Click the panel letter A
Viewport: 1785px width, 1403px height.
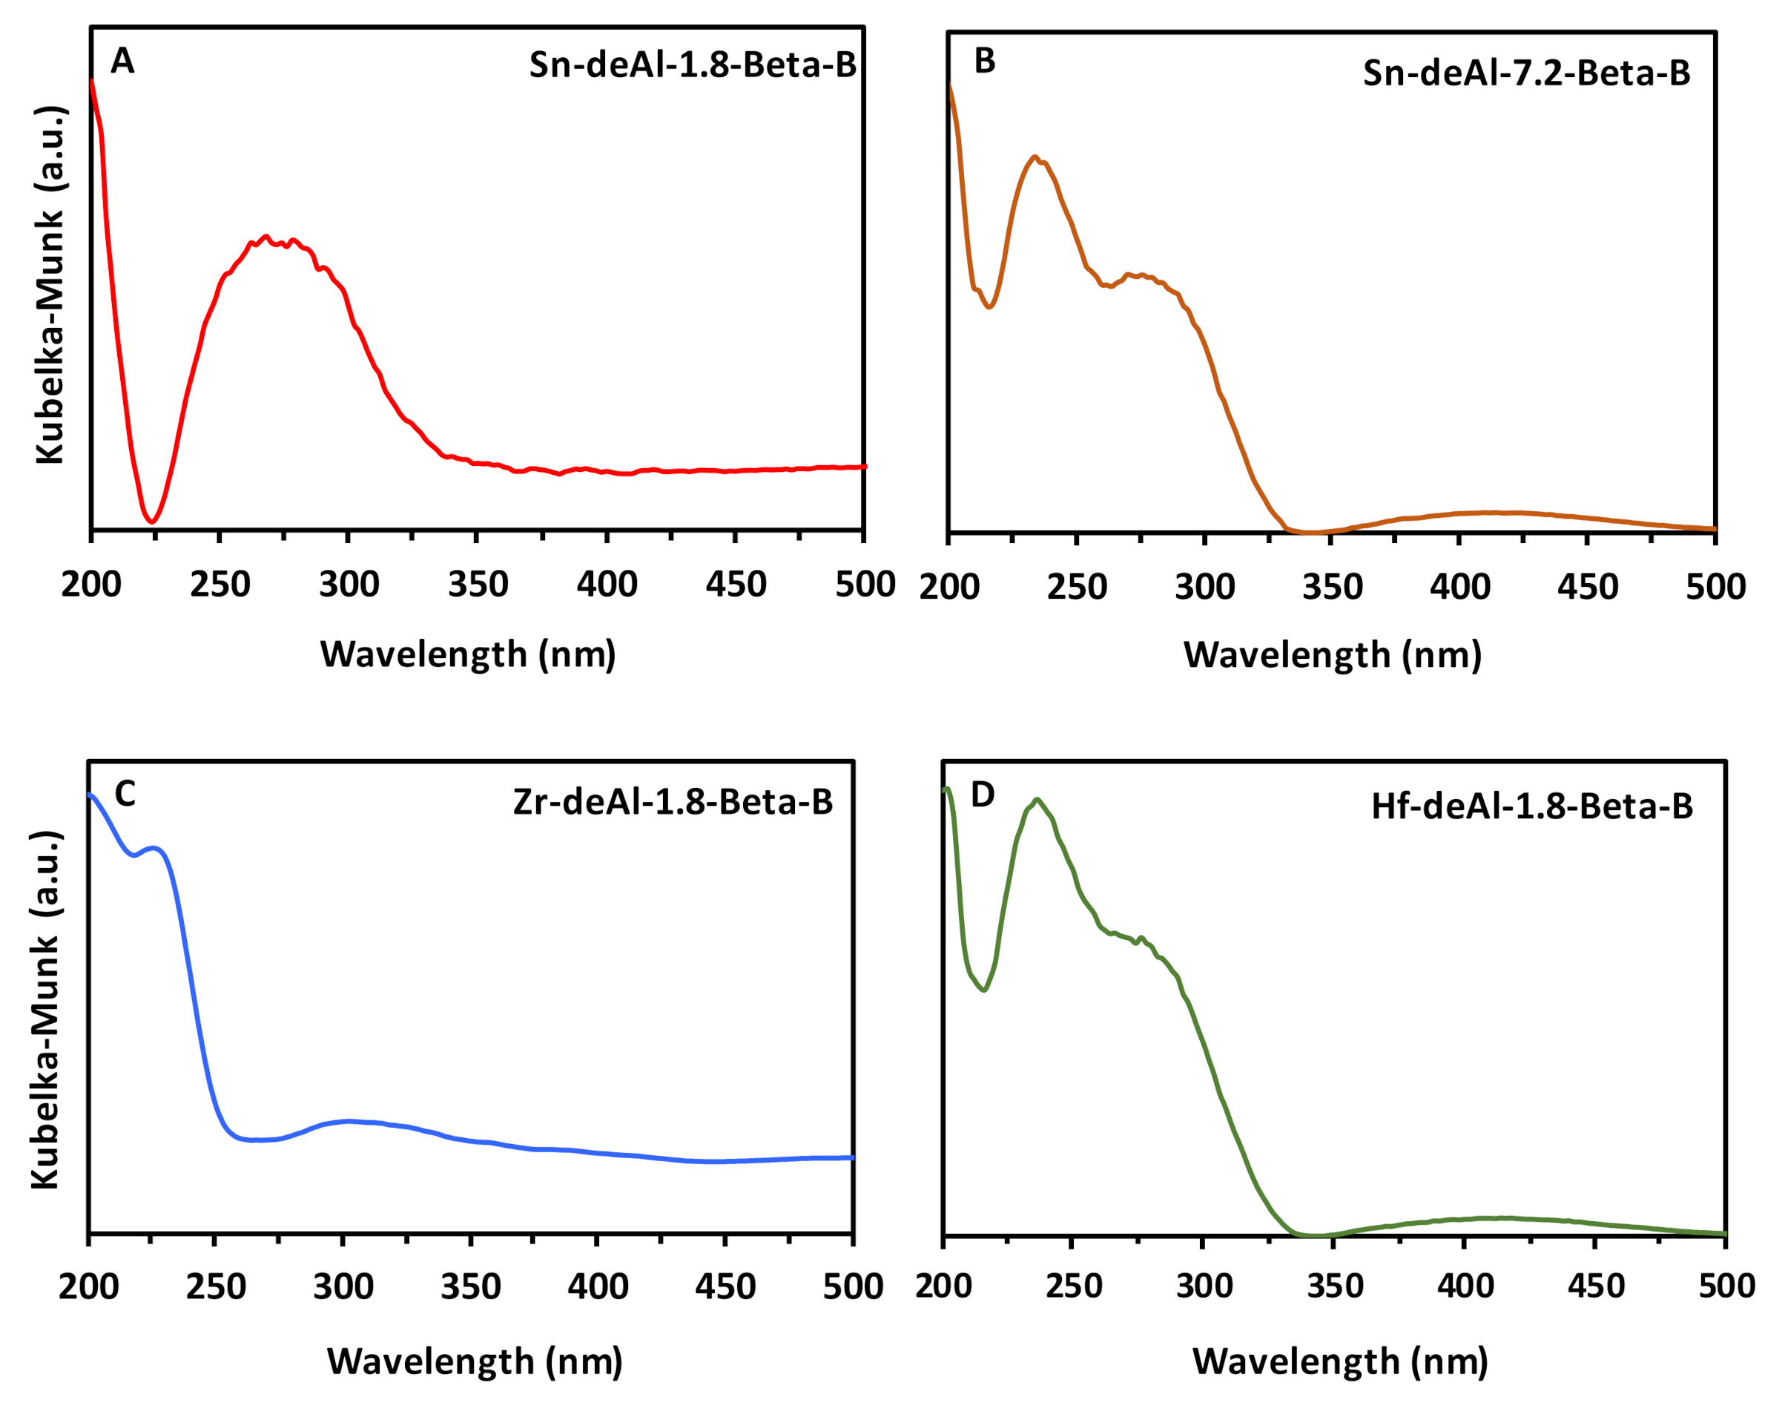[122, 61]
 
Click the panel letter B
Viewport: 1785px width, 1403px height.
[985, 61]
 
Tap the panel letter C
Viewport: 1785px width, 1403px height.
[125, 795]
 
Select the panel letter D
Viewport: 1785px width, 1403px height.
[983, 795]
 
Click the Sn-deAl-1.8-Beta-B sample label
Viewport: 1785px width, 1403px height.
[692, 65]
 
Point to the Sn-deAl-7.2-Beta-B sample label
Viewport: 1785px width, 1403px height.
[1526, 73]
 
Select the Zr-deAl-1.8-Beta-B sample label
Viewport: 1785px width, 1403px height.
[673, 802]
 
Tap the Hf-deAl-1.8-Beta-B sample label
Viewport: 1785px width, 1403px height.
[1532, 806]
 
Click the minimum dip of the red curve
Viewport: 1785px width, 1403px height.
[152, 521]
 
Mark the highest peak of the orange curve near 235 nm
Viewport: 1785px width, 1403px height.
[1035, 157]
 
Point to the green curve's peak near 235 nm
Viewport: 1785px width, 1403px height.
[1037, 799]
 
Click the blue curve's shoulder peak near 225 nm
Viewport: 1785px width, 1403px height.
[154, 848]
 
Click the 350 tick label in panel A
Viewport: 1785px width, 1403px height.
[478, 585]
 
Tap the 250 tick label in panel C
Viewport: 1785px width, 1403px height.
[215, 1287]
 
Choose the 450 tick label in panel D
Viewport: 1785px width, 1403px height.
[1595, 1286]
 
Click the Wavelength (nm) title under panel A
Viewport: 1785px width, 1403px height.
[468, 654]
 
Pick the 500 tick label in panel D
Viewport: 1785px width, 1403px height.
[1726, 1286]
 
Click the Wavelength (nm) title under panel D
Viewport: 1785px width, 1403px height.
[1340, 1361]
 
